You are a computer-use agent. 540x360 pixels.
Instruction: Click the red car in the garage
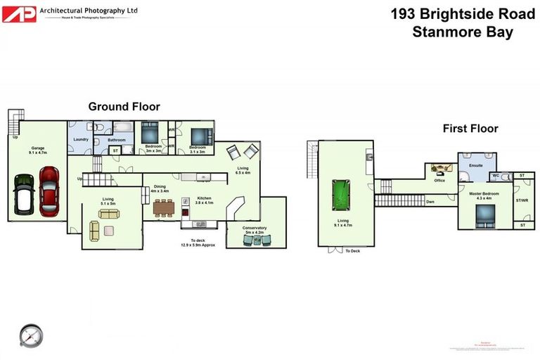click(49, 191)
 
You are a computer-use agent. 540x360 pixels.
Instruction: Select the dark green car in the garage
click(24, 192)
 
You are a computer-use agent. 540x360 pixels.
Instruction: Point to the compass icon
click(31, 335)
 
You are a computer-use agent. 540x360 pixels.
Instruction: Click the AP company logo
click(19, 13)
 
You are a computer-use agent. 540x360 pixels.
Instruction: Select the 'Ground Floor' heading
click(124, 107)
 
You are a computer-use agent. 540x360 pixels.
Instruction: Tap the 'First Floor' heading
click(470, 129)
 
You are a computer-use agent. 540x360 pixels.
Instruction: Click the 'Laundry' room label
click(80, 139)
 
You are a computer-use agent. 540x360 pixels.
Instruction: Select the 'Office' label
click(439, 181)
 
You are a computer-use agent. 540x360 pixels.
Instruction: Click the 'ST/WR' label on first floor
click(522, 200)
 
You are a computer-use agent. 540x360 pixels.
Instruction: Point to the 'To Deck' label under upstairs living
click(352, 250)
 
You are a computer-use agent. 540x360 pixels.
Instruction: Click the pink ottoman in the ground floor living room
click(109, 230)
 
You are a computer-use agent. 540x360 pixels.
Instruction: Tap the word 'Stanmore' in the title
click(441, 32)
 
